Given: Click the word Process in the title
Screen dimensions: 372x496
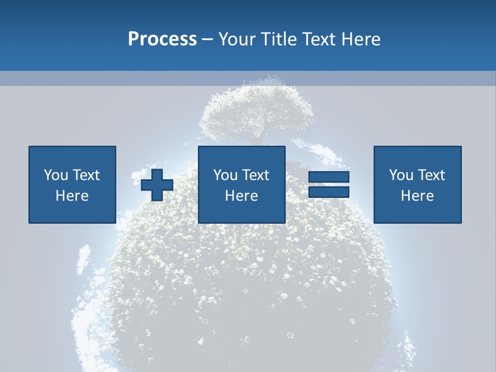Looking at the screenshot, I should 162,39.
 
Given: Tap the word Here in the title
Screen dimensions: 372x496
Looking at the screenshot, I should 362,39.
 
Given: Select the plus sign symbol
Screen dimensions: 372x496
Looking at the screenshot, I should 157,184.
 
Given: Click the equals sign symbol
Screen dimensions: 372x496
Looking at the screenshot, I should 329,184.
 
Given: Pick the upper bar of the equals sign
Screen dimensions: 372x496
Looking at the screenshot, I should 329,177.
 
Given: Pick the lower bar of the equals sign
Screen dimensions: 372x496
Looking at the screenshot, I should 329,192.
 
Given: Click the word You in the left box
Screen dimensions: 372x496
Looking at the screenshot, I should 56,175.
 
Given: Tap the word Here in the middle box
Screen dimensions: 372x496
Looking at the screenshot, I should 242,196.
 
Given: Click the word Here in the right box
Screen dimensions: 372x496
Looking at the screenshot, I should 417,196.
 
